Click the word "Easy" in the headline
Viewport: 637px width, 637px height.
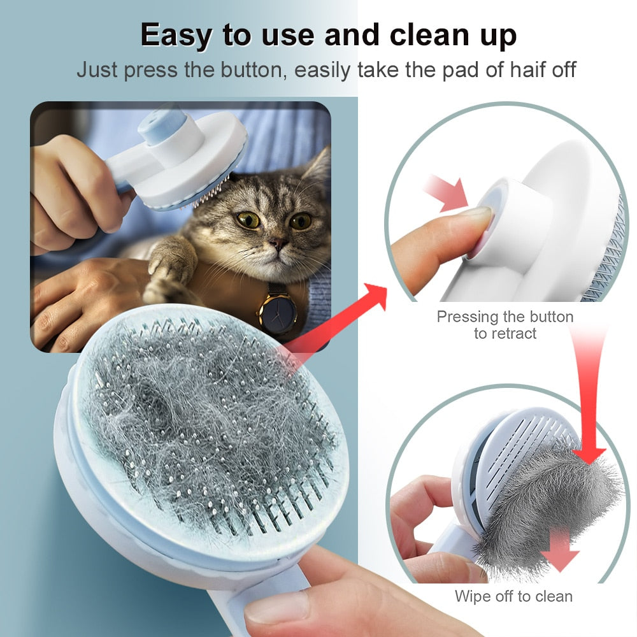click(x=173, y=35)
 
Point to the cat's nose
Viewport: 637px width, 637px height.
click(x=276, y=243)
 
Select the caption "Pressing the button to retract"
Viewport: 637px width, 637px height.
click(x=505, y=325)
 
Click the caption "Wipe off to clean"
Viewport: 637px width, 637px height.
click(x=513, y=596)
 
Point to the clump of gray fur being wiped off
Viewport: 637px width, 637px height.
click(x=541, y=510)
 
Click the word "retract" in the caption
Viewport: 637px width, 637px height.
click(x=513, y=333)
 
